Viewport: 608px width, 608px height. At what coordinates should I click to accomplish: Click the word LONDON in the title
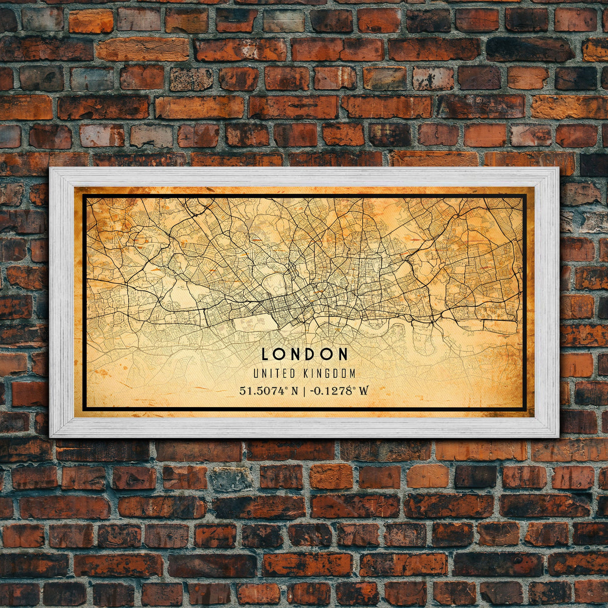[x=305, y=354]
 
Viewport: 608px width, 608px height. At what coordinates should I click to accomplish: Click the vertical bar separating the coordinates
[x=303, y=391]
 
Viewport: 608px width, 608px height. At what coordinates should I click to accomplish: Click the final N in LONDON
[x=343, y=354]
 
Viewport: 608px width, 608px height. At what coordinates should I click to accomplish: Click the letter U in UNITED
[x=256, y=374]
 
